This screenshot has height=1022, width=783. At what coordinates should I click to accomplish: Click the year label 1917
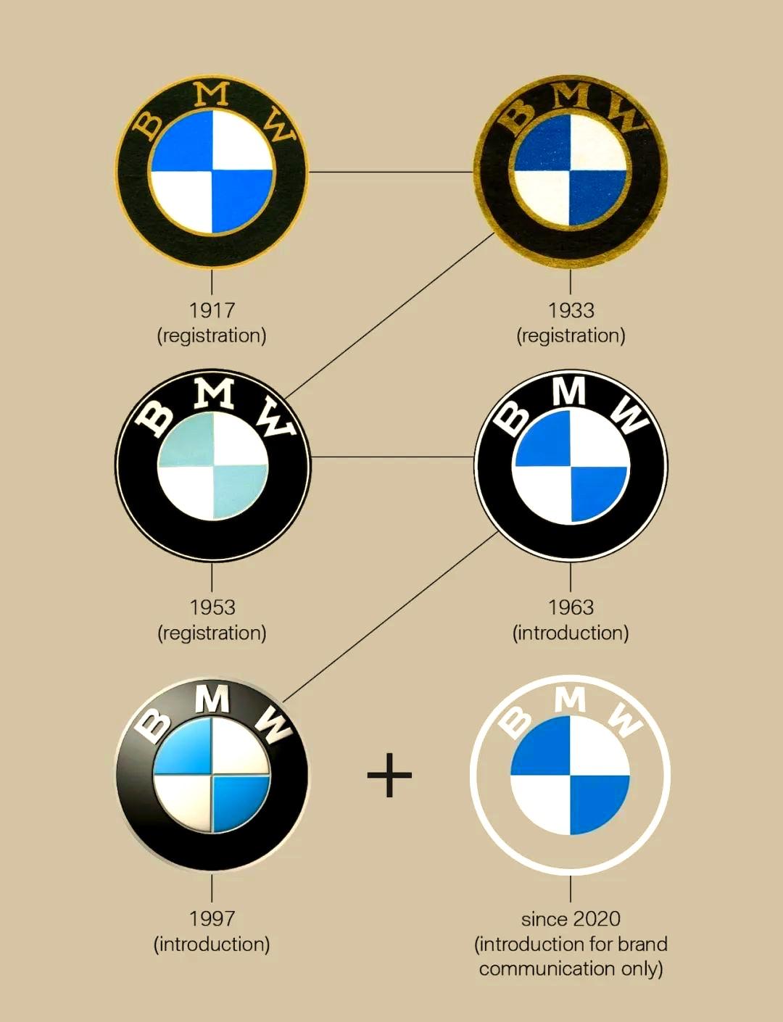212,310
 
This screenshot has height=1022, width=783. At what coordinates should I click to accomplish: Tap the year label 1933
571,310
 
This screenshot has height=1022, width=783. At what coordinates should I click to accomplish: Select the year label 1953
212,607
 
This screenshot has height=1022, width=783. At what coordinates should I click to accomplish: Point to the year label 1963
571,607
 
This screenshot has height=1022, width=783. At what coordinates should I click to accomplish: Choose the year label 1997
212,918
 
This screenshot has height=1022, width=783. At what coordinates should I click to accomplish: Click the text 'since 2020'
571,919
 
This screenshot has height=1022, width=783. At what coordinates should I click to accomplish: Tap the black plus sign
389,775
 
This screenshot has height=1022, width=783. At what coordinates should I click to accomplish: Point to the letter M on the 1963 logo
569,391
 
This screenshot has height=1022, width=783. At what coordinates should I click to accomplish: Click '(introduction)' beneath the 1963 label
571,633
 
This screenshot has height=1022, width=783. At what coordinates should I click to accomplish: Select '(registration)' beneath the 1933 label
571,336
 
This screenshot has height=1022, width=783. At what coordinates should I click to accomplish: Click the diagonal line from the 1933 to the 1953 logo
389,315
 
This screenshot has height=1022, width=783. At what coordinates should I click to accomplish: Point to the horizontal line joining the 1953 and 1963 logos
391,457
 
